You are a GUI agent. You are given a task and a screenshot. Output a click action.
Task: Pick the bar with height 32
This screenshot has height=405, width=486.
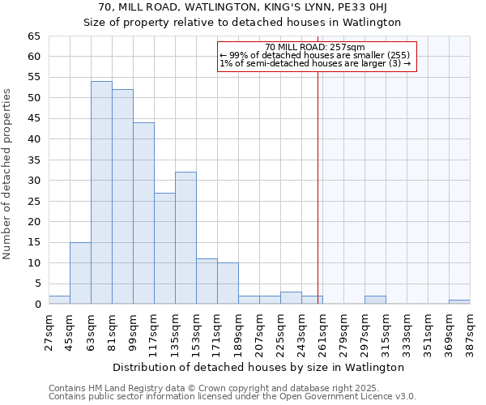[x=185, y=238]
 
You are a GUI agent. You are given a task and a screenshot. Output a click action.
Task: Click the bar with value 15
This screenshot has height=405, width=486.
[x=80, y=273]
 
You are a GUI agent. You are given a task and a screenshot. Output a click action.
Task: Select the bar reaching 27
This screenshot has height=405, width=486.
[x=164, y=249]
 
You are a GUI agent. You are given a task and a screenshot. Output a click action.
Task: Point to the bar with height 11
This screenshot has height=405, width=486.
[x=207, y=281]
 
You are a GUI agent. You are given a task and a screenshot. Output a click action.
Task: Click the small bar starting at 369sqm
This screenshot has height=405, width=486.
[x=459, y=302]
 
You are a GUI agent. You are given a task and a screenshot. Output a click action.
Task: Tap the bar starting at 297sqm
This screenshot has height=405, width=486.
[x=375, y=300]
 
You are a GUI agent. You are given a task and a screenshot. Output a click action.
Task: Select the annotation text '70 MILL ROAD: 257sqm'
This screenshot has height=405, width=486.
[x=315, y=47]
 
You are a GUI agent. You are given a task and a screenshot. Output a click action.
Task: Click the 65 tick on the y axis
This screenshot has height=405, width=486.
[x=34, y=36]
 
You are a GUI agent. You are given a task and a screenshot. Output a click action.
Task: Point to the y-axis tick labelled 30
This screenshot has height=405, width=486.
[x=34, y=181]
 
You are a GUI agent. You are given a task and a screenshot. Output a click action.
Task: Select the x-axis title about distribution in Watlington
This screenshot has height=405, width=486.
[x=258, y=367]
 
